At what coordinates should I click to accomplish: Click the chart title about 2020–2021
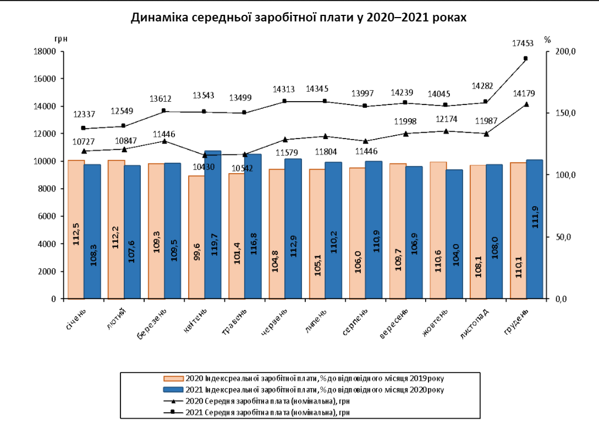coord(299,18)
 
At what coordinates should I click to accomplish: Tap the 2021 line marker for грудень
coord(525,58)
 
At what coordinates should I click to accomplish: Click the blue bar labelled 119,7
coord(213,224)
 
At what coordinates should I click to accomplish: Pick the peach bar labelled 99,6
coord(196,237)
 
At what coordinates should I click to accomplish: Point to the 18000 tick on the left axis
coord(46,51)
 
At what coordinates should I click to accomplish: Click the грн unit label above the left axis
coord(61,38)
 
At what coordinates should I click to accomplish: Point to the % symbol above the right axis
coord(547,38)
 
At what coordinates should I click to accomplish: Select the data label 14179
coord(523,92)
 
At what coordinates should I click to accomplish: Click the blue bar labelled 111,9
coord(535,229)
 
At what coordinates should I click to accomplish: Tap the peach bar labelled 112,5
coord(76,229)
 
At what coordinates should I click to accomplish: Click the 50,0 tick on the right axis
coord(564,237)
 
